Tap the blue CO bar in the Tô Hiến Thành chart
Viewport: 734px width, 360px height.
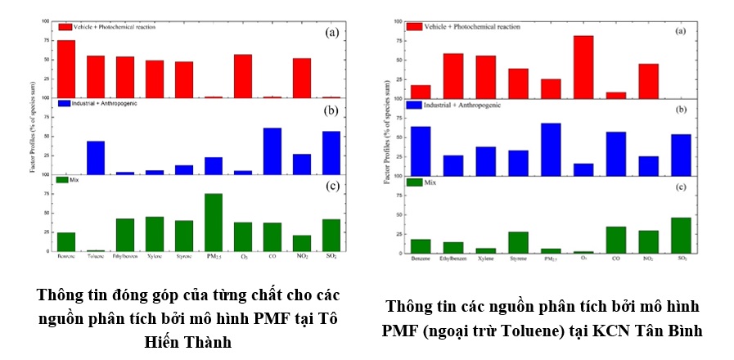(x=272, y=151)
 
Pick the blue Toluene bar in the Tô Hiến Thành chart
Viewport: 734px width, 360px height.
(x=96, y=158)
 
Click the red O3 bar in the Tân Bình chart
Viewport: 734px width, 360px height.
(x=583, y=67)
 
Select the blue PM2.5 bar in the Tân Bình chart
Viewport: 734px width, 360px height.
(x=551, y=149)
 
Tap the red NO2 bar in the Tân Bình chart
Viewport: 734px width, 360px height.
(x=648, y=80)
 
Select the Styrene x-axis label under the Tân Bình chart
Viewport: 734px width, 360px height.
(x=518, y=259)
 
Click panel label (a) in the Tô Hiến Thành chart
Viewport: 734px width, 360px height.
(x=331, y=32)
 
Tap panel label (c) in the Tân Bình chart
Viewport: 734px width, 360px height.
(x=680, y=188)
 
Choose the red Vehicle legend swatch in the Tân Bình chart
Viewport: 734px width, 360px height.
(x=414, y=26)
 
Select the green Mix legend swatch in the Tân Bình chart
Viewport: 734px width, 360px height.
(x=414, y=182)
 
